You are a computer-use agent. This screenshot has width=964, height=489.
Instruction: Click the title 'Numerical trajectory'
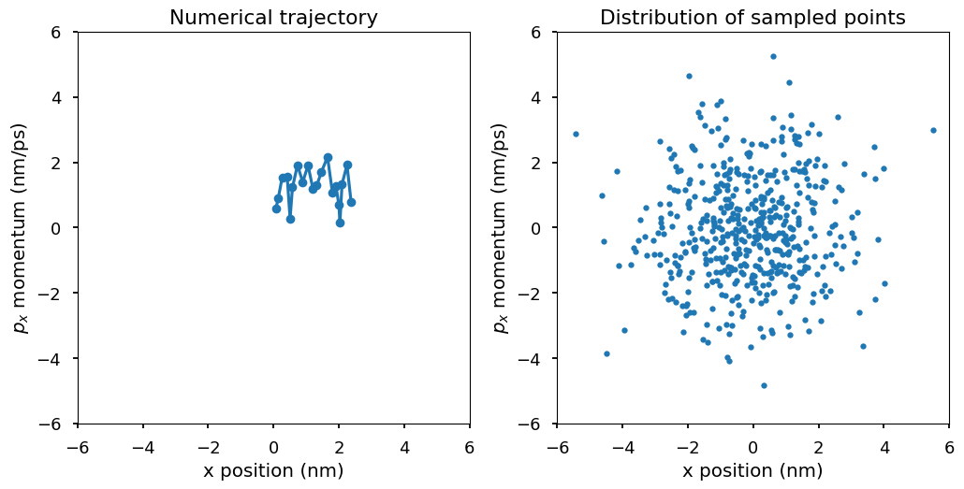pyautogui.click(x=273, y=18)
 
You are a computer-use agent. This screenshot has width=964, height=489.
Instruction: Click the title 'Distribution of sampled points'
pyautogui.click(x=752, y=18)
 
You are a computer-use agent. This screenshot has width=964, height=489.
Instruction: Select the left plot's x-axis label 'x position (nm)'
pyautogui.click(x=273, y=470)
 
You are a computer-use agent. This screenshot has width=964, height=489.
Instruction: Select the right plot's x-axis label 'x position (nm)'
pyautogui.click(x=752, y=470)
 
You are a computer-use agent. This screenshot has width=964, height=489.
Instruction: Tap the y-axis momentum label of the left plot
pyautogui.click(x=21, y=227)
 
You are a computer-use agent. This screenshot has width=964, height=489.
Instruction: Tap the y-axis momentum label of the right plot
pyautogui.click(x=500, y=227)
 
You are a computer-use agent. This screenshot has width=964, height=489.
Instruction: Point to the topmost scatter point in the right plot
pyautogui.click(x=773, y=56)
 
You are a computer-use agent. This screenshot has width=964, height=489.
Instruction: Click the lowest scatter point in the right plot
pyautogui.click(x=764, y=385)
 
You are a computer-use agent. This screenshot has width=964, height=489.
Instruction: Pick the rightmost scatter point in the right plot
pyautogui.click(x=933, y=130)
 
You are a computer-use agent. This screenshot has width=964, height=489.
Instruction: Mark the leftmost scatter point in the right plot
pyautogui.click(x=576, y=134)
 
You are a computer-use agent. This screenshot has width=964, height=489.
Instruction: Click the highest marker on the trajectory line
pyautogui.click(x=328, y=158)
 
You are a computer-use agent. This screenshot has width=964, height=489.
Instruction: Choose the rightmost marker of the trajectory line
pyautogui.click(x=351, y=202)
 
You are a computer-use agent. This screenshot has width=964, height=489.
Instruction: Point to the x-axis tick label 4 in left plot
pyautogui.click(x=404, y=446)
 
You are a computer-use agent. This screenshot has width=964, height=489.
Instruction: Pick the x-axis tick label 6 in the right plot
pyautogui.click(x=949, y=446)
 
